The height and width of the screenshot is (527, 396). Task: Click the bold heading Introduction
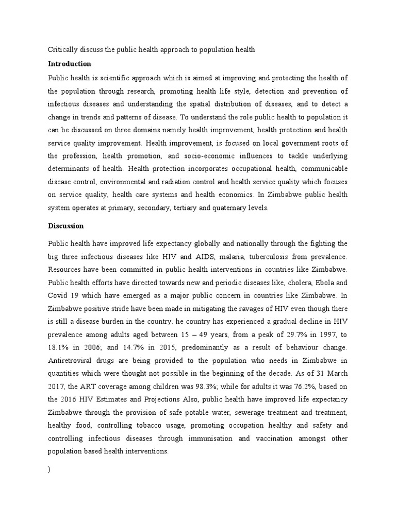[x=70, y=64]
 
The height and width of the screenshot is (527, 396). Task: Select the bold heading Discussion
[x=66, y=226]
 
